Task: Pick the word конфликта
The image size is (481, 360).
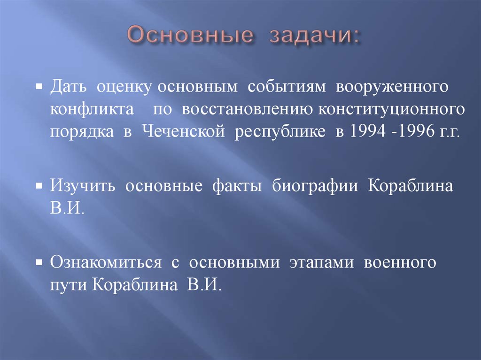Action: (x=91, y=109)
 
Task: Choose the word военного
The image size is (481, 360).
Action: (x=400, y=262)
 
